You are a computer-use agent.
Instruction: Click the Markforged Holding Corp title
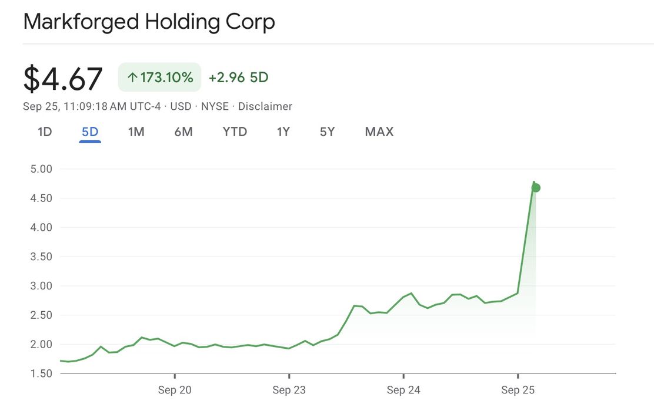[x=149, y=22]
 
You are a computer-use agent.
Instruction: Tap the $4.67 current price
[x=63, y=79]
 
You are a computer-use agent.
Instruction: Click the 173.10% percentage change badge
[x=159, y=78]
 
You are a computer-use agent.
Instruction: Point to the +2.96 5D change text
[x=238, y=78]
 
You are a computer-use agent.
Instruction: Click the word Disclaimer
[x=265, y=106]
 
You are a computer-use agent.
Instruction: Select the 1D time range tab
[x=45, y=132]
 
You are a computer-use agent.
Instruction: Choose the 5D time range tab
[x=90, y=132]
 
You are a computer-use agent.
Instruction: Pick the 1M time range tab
[x=136, y=132]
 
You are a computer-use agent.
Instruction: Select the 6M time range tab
[x=183, y=132]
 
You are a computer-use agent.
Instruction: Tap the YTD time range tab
[x=235, y=132]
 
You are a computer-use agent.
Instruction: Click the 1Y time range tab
[x=283, y=132]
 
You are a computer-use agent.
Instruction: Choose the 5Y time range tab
[x=327, y=132]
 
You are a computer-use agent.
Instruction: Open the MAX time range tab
[x=379, y=132]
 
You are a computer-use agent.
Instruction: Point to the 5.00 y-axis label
[x=41, y=169]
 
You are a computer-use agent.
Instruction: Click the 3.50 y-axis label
[x=41, y=257]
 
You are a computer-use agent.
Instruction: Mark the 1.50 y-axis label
[x=41, y=373]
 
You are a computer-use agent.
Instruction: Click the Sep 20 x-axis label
[x=175, y=390]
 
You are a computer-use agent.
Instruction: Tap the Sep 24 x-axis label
[x=403, y=390]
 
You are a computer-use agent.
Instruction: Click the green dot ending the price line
[x=536, y=188]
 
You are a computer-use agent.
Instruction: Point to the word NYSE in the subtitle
[x=215, y=106]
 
